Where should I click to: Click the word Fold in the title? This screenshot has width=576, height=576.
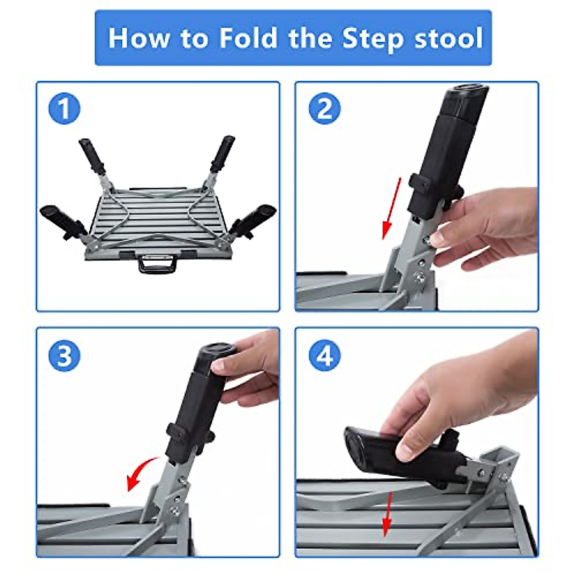coord(248,38)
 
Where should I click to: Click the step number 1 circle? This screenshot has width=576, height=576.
coord(64,109)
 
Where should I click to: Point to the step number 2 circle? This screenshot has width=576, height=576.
coord(324,109)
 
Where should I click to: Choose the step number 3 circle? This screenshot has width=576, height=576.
coord(64,356)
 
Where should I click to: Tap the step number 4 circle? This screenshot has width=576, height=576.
coord(324,356)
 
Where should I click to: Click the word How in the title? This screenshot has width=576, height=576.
coord(138,38)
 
